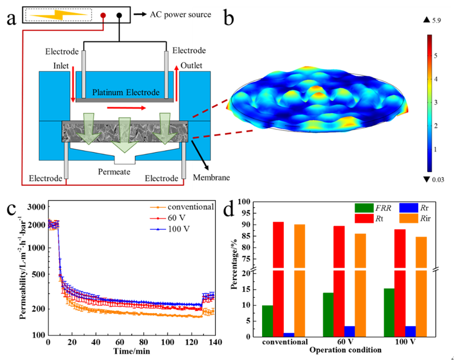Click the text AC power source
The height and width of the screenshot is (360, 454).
pyautogui.click(x=181, y=14)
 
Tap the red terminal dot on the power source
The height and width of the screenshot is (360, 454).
pyautogui.click(x=103, y=16)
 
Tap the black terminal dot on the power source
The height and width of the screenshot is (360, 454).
pyautogui.click(x=119, y=16)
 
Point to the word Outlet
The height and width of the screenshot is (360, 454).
pyautogui.click(x=192, y=66)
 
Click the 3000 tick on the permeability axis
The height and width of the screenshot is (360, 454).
pyautogui.click(x=35, y=207)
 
